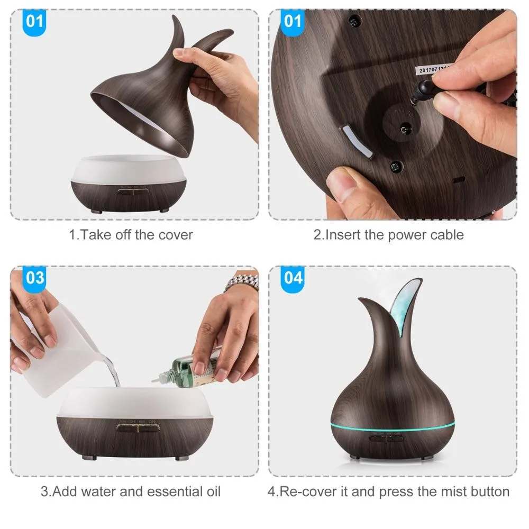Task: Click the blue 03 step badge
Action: pyautogui.click(x=35, y=278)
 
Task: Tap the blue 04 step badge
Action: pyautogui.click(x=294, y=278)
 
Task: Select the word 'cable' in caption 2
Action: pyautogui.click(x=445, y=235)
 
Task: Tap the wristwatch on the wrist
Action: pyautogui.click(x=242, y=284)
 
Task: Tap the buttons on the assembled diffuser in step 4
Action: pyautogui.click(x=386, y=437)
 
